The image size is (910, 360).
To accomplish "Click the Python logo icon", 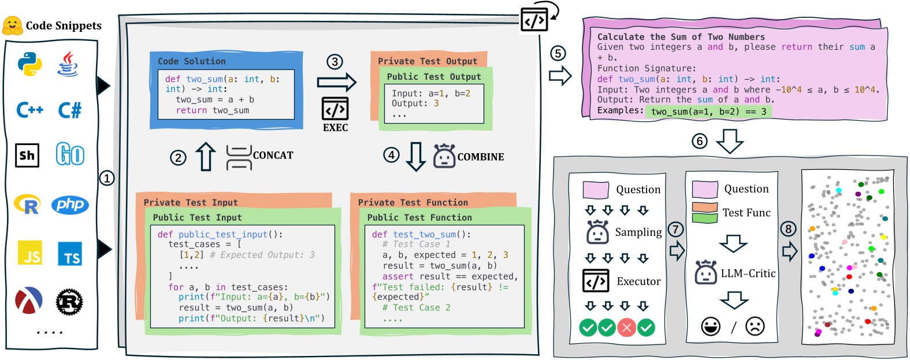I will pos(29,64).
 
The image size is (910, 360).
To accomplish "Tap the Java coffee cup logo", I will pos(68,64).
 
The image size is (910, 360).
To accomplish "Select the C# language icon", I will pos(70,110).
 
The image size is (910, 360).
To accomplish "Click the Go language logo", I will pos(70,155).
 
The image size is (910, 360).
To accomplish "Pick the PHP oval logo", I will pos(70,204).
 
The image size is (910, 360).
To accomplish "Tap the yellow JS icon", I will pos(30,253).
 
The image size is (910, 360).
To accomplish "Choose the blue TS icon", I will pos(70,254).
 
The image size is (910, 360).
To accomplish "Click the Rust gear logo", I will pos(69,302).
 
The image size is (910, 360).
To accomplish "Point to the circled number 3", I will pos(335,62).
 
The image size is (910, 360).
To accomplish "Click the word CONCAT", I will pos(273,155).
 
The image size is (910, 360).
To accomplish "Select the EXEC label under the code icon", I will pos(335,128).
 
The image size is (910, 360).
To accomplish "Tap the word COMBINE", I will pos(480,157).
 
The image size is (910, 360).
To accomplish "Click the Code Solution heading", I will pos(192,61).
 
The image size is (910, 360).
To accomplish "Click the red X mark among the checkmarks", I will pos(626,328).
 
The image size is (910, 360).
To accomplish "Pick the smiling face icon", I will pos(711,326).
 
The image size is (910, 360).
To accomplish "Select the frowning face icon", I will pos(755,326).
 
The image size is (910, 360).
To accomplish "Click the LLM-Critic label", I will pos(748,273).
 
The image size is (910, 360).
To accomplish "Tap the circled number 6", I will pos(700,141).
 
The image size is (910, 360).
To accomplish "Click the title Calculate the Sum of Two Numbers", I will pos(681,37).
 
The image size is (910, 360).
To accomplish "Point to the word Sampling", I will pos(638,232).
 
